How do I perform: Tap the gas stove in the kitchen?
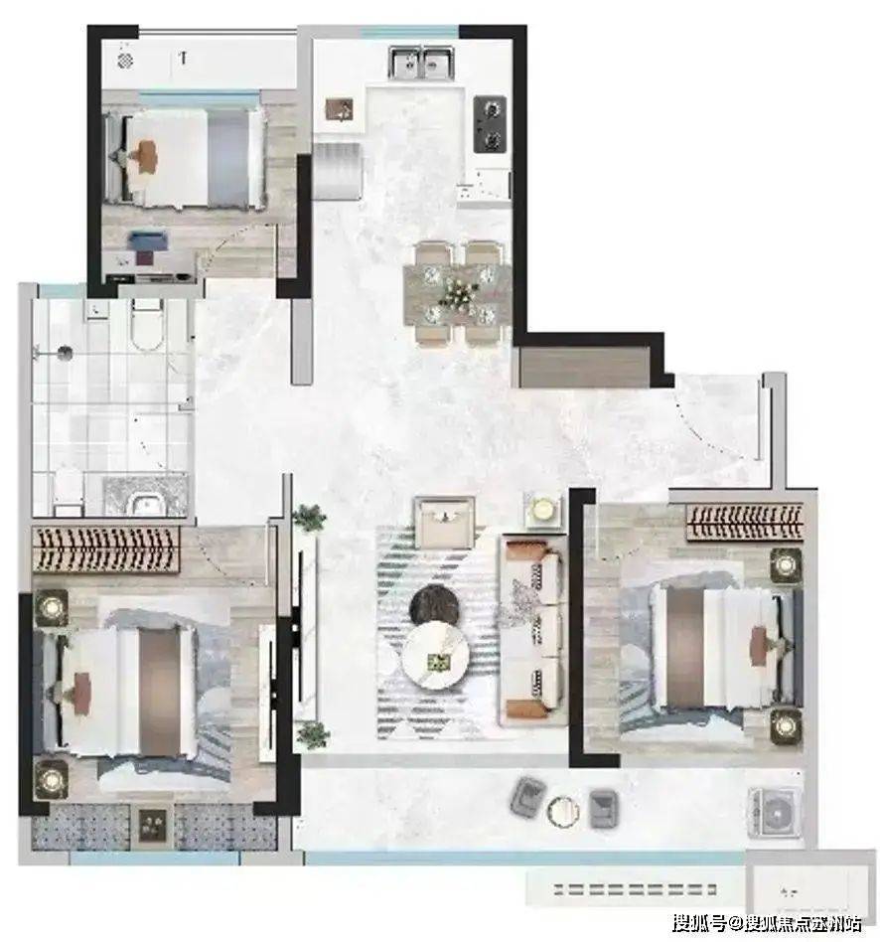[x=490, y=124]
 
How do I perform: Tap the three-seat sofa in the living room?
[x=532, y=629]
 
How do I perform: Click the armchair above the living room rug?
[x=445, y=521]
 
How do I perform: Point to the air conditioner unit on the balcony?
[x=775, y=812]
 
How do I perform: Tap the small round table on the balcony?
[x=563, y=810]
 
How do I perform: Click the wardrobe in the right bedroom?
[x=745, y=522]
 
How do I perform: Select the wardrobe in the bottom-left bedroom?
[x=105, y=549]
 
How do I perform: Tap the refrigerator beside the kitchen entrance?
[x=337, y=172]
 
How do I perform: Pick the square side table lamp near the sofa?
[x=543, y=510]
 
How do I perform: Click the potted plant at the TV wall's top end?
[x=309, y=518]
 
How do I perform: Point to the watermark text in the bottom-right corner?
[x=767, y=921]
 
